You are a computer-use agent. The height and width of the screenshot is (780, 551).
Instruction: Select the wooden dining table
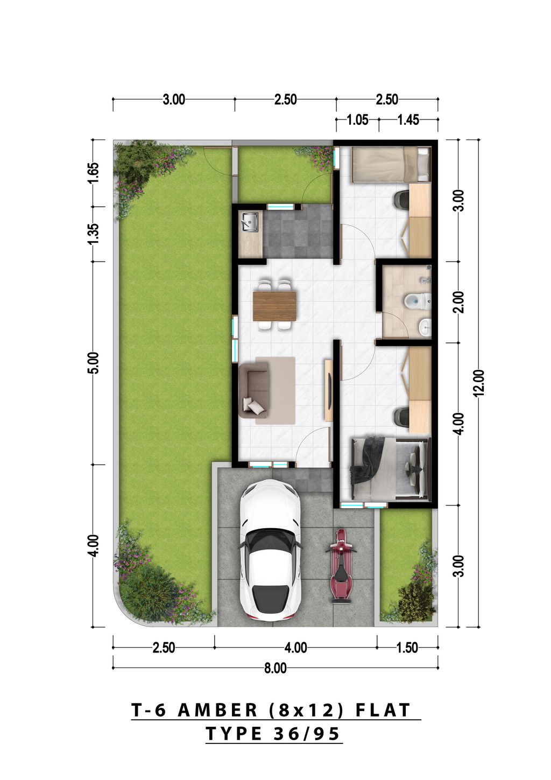[275, 305]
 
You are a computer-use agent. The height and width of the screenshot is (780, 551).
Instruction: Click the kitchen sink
[250, 221]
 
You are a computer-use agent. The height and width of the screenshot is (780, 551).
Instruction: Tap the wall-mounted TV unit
[328, 390]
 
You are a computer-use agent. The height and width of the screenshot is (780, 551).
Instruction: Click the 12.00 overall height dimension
[479, 383]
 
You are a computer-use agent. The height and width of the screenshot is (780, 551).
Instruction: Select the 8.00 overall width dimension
[275, 668]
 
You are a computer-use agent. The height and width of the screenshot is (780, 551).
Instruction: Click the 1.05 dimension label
[357, 120]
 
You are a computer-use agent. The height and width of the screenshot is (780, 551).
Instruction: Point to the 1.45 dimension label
[408, 120]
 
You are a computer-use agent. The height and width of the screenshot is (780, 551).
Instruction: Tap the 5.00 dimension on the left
[94, 363]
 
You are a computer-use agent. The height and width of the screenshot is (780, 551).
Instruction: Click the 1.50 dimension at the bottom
[407, 648]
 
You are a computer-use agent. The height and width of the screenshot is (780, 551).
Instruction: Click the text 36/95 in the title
[306, 734]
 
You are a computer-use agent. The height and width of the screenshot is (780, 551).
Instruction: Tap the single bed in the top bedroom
[391, 164]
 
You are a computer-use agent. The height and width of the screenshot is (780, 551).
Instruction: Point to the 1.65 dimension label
[94, 173]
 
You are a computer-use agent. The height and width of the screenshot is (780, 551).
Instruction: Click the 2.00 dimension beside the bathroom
[458, 302]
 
